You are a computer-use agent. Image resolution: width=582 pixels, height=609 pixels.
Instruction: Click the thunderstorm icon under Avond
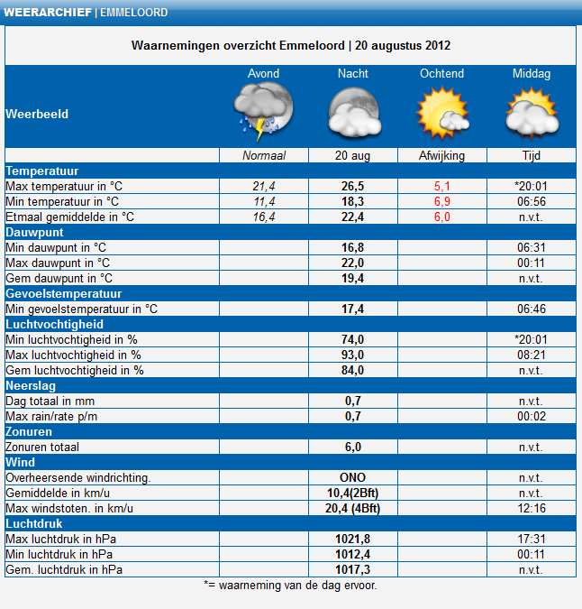coord(263,112)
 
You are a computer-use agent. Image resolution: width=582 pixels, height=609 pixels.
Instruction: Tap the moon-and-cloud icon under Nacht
coord(354,113)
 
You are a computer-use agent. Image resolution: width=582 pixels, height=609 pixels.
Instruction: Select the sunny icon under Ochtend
coord(442,113)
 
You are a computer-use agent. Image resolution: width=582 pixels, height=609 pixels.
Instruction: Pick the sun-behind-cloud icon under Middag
coord(532,113)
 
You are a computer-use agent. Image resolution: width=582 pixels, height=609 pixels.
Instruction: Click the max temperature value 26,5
coord(352,187)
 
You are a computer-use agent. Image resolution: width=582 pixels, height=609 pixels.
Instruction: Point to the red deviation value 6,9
coord(442,201)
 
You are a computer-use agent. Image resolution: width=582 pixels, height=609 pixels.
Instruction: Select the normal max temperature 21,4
coord(264,187)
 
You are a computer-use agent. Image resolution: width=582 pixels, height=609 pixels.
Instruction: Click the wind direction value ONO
coord(352,477)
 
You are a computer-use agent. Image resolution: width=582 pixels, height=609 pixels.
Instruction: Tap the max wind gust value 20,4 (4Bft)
coord(352,508)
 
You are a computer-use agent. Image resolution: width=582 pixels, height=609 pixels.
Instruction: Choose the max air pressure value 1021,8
coord(352,539)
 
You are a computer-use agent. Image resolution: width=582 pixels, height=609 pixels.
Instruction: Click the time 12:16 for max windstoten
coord(532,508)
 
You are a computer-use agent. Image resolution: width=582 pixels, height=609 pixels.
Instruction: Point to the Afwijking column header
coord(441,156)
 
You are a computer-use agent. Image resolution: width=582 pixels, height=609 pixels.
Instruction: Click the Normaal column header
coord(264,156)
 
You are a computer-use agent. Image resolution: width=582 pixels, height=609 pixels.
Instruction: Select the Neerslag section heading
coord(31,385)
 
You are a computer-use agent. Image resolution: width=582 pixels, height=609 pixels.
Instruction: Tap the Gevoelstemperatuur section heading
coord(64,293)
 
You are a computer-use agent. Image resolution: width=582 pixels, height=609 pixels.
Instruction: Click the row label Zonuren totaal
coord(42,447)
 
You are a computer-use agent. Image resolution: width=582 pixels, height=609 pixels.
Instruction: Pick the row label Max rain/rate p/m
coord(51,416)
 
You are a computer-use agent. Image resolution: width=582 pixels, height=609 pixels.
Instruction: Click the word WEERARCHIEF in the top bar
coord(48,13)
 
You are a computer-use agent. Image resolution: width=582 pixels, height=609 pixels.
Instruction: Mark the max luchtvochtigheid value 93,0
coord(352,355)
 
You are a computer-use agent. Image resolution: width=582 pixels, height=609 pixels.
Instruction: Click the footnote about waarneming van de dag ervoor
coord(290,586)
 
